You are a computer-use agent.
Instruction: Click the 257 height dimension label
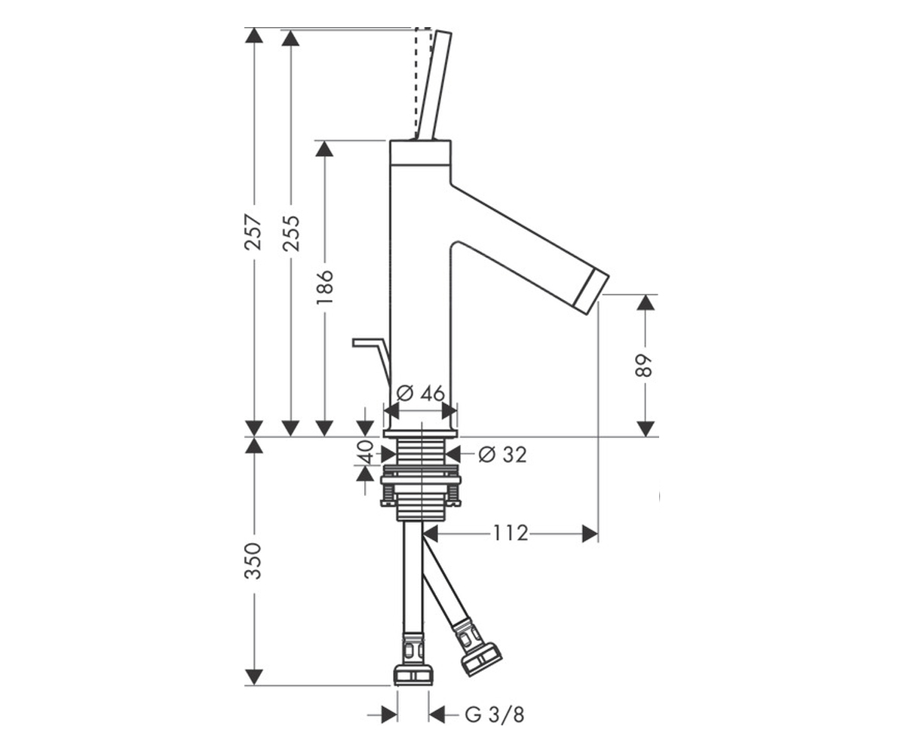(x=253, y=231)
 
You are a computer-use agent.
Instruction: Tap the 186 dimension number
(x=324, y=287)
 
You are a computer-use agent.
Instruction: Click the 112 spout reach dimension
(x=511, y=533)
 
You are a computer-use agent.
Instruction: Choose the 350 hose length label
(x=253, y=561)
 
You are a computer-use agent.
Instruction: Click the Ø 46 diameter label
(x=421, y=393)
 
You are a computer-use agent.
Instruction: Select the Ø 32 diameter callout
(x=502, y=455)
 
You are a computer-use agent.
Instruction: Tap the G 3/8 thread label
(x=495, y=715)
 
